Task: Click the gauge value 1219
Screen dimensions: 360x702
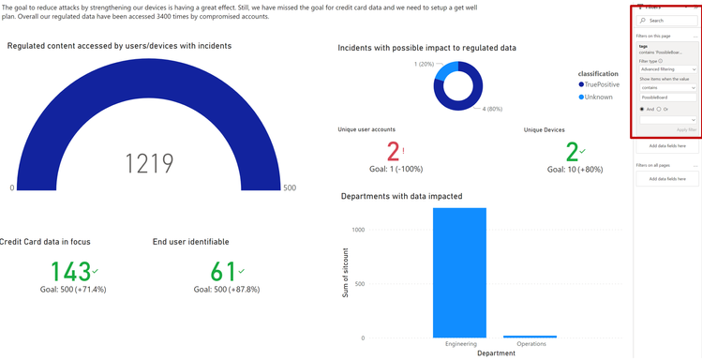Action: (x=150, y=163)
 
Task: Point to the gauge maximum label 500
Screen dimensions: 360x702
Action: (x=289, y=188)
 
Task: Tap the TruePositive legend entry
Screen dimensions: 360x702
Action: (x=599, y=84)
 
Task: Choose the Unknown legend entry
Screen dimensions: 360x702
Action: (x=595, y=97)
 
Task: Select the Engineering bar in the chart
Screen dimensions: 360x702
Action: (x=459, y=272)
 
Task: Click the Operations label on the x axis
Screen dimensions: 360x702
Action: (x=530, y=344)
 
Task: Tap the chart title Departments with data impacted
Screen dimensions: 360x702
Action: (x=401, y=197)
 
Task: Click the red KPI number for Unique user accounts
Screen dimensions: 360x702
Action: (x=394, y=152)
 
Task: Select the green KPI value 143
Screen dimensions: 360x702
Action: (x=70, y=272)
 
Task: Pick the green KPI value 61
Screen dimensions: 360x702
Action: (x=223, y=272)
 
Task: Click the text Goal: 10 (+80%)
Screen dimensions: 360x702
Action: (x=575, y=170)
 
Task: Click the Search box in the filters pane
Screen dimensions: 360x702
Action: (x=669, y=20)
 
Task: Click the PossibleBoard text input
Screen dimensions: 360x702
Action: (x=666, y=97)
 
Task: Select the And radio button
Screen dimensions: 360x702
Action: (x=642, y=109)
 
